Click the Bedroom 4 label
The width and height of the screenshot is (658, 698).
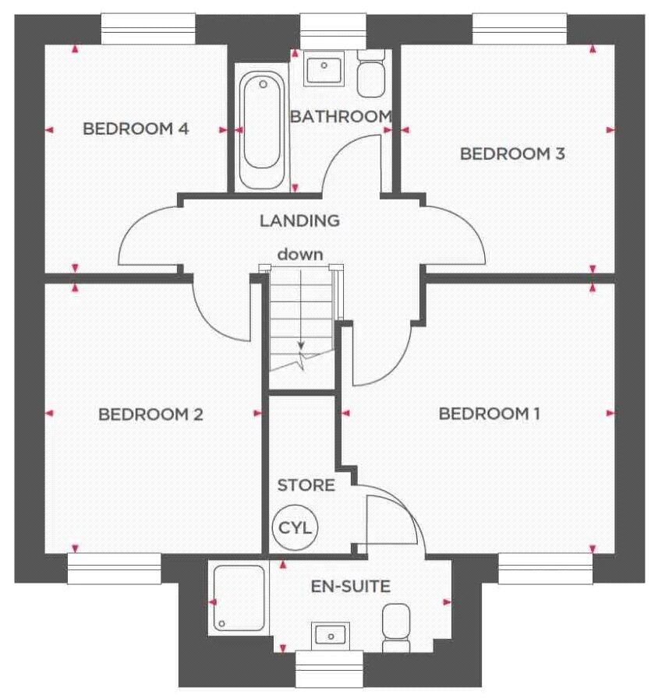136,129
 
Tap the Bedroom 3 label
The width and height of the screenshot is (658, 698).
512,153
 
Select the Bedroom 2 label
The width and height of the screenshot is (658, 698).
150,414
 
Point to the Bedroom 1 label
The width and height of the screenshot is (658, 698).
489,414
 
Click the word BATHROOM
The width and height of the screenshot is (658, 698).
340,117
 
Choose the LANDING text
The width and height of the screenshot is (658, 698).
300,220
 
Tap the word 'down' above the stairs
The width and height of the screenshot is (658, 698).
300,254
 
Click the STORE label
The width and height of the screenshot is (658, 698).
306,485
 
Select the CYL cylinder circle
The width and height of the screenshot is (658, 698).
295,527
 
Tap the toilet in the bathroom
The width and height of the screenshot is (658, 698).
370,78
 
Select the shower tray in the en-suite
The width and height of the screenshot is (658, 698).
237,598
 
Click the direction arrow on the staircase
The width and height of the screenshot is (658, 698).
300,347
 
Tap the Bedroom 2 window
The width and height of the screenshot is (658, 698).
114,568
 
